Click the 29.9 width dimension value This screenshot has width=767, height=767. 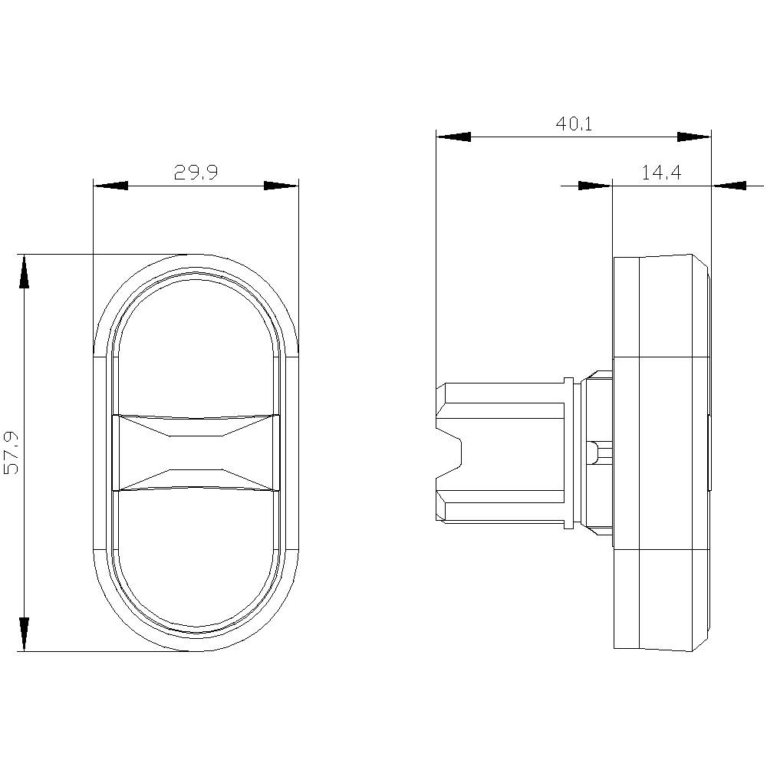(196, 173)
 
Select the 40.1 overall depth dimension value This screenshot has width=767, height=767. (574, 123)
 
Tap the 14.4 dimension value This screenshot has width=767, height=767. (661, 173)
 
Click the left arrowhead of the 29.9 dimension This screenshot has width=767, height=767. (110, 186)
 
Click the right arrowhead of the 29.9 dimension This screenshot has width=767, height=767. (281, 186)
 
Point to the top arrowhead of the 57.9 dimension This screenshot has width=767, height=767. (24, 272)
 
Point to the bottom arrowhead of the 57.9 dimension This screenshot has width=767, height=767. (24, 634)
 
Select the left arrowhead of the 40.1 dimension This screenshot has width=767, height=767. (453, 137)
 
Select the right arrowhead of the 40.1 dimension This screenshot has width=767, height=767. (694, 137)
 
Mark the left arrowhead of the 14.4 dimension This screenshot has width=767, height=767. (595, 185)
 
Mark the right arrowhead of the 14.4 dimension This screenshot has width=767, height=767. (729, 185)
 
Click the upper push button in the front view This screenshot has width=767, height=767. (196, 345)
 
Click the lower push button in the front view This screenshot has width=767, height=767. (196, 560)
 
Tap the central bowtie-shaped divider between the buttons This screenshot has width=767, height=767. (196, 453)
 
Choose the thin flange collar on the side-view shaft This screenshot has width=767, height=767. (568, 453)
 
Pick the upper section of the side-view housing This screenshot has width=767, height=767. (661, 307)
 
